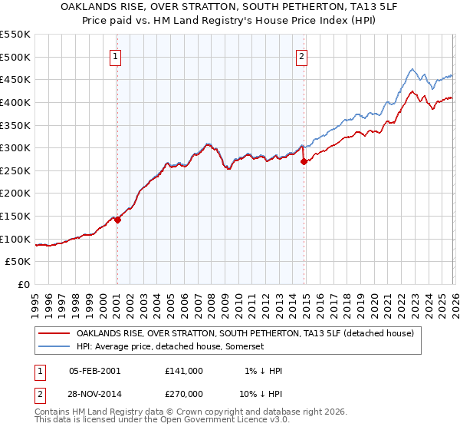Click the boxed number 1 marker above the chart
[115, 56]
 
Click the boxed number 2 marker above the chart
[301, 56]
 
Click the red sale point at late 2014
[304, 162]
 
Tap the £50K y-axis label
[18, 262]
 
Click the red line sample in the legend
[54, 333]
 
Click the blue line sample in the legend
[54, 347]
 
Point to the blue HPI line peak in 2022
[411, 68]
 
